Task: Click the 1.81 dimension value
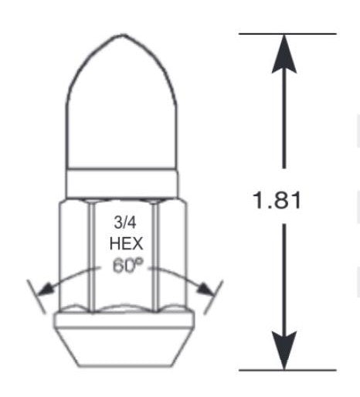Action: tap(277, 200)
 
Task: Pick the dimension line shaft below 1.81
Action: tap(285, 278)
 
